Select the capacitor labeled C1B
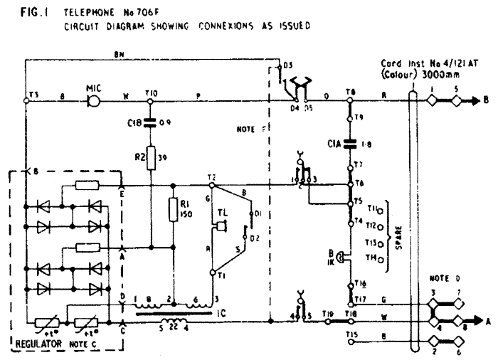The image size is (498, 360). (150, 123)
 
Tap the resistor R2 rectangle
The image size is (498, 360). (150, 159)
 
